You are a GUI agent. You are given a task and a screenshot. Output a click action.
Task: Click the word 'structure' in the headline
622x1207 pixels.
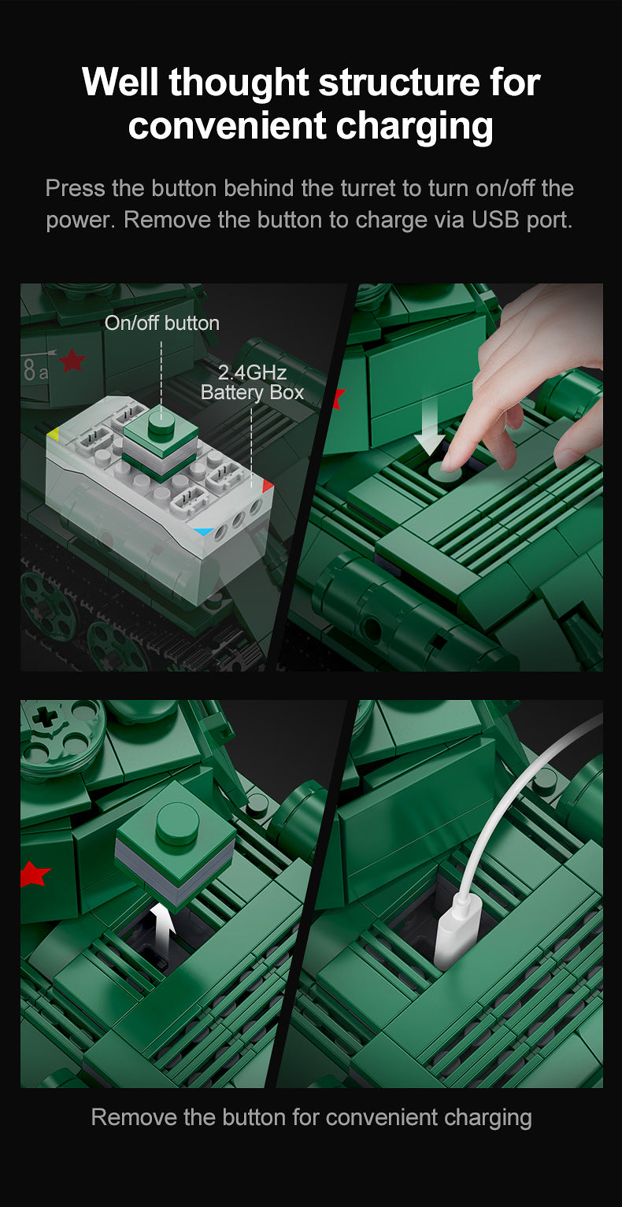[x=400, y=83]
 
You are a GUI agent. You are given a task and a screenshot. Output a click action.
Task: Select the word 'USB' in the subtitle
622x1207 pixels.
[x=495, y=220]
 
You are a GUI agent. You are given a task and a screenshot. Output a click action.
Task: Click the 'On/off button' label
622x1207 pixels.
[x=161, y=323]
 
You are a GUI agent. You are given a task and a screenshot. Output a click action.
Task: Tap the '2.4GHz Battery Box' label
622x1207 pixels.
[x=252, y=382]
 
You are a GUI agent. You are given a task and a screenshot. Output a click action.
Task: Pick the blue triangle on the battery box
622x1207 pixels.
[x=204, y=531]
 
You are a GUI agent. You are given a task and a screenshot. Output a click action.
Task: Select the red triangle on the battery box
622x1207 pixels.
[x=268, y=486]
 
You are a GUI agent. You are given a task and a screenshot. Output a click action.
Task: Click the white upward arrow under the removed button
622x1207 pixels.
[x=162, y=927]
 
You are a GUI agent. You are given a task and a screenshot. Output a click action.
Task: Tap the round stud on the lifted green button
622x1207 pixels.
[x=177, y=823]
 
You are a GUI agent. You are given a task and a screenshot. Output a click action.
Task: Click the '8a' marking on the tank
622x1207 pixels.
[x=35, y=370]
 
